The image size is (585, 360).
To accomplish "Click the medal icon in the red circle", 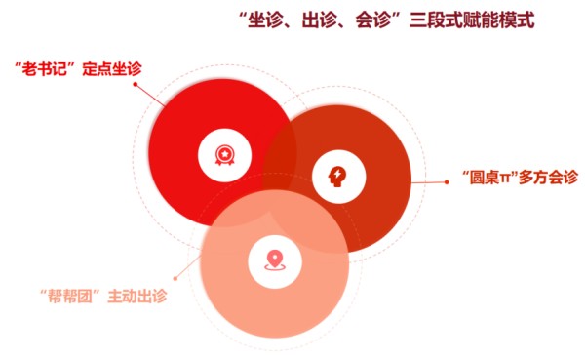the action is (x=225, y=155).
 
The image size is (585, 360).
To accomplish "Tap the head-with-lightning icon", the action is (x=337, y=177).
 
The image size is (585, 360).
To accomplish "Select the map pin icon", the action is (x=275, y=260).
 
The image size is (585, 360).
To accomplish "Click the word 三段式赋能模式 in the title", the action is (x=472, y=20).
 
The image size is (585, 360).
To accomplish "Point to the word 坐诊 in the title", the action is (x=265, y=20).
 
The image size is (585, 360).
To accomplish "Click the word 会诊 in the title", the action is (x=373, y=20).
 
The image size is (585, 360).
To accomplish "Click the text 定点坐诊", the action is (x=112, y=68).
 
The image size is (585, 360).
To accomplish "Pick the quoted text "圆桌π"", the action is (x=489, y=177).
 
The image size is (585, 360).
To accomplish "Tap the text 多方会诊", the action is (x=548, y=177).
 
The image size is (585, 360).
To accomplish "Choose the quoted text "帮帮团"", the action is (x=70, y=297).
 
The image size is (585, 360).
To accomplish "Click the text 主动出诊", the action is (x=137, y=297).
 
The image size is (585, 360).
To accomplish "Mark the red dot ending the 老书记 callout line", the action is (x=136, y=85).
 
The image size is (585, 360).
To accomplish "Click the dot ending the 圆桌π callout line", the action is (x=447, y=182).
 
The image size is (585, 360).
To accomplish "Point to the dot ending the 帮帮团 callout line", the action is (x=175, y=279).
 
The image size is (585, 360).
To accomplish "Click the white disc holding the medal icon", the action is (x=224, y=155).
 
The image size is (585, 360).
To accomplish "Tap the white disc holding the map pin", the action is (x=275, y=261).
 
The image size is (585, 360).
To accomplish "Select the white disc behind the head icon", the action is (x=339, y=177).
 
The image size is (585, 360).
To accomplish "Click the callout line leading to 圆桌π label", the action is (x=428, y=182).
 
